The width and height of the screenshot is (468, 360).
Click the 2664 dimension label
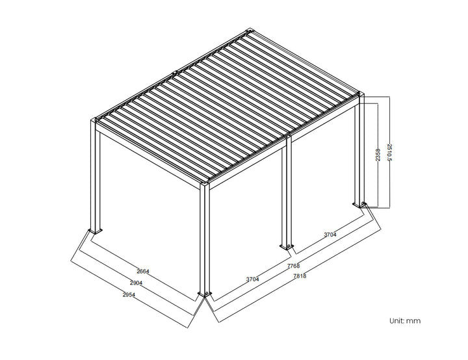[x=144, y=271]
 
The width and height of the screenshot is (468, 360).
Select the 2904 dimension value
[x=136, y=283]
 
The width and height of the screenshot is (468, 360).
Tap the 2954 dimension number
[x=129, y=294]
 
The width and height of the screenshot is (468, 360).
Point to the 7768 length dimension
[x=294, y=266]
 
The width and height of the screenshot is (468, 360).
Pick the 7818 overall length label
[x=300, y=276]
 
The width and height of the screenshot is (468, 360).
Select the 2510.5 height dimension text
[x=389, y=153]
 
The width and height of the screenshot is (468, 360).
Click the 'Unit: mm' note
[x=405, y=321]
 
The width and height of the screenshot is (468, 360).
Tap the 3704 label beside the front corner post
[x=252, y=279]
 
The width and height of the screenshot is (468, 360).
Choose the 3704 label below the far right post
[x=330, y=235]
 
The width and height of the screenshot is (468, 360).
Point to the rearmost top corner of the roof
[x=250, y=32]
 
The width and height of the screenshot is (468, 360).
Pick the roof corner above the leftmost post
[x=95, y=121]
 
